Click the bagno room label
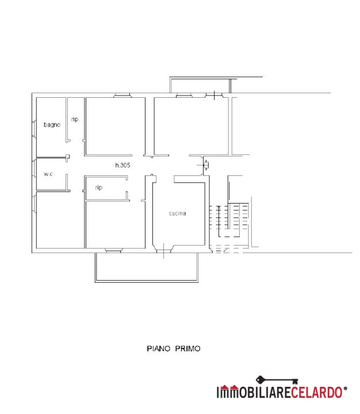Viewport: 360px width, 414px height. click(52, 125)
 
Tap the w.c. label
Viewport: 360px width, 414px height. click(49, 174)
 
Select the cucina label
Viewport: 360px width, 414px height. click(178, 213)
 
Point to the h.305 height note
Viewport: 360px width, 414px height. click(123, 165)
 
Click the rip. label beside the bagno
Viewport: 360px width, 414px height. click(75, 120)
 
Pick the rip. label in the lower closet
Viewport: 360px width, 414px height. click(99, 187)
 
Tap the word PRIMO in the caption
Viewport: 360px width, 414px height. click(188, 349)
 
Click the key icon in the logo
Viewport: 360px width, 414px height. click(277, 380)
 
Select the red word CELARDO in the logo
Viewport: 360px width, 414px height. click(317, 392)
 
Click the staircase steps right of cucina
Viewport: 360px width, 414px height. click(229, 220)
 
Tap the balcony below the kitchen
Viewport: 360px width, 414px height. click(147, 267)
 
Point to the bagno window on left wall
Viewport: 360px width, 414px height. click(34, 129)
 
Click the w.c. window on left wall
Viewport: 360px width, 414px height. click(34, 168)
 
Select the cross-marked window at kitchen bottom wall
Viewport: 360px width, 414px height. click(164, 250)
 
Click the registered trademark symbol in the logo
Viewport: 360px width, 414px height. click(345, 389)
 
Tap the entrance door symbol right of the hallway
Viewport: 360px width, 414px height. click(206, 165)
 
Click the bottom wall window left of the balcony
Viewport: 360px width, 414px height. click(113, 250)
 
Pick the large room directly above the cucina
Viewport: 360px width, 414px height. click(192, 126)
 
